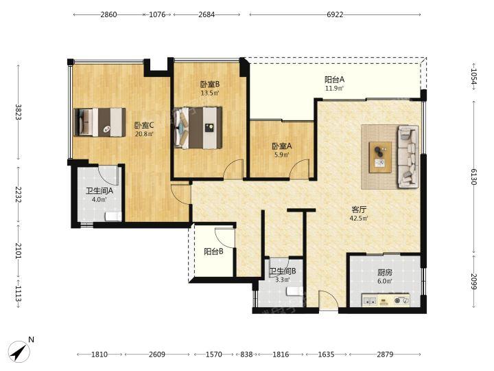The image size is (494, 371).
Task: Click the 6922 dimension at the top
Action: click(x=335, y=14)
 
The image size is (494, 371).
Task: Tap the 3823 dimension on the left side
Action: click(x=18, y=112)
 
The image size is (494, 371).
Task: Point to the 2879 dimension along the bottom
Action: click(x=385, y=355)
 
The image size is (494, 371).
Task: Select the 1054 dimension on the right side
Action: click(x=474, y=77)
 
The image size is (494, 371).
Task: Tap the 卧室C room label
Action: click(x=144, y=125)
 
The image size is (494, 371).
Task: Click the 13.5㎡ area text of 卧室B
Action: click(x=210, y=93)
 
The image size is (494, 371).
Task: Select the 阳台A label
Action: click(x=334, y=80)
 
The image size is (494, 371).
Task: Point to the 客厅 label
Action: click(x=359, y=210)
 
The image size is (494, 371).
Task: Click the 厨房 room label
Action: click(x=385, y=272)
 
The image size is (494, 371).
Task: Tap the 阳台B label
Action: click(x=213, y=251)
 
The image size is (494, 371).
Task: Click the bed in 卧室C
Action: click(x=99, y=122)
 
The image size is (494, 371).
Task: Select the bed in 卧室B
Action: click(x=198, y=128)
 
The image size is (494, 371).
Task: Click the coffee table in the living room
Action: click(x=381, y=157)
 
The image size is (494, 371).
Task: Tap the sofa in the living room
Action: click(x=408, y=157)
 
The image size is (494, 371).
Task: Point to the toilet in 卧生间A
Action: click(x=113, y=216)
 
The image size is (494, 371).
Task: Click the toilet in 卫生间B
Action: click(x=295, y=291)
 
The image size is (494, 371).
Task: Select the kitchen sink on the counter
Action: click(x=369, y=301)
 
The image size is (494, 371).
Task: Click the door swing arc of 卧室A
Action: click(x=299, y=167)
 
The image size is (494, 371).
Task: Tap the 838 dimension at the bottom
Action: click(x=246, y=355)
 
